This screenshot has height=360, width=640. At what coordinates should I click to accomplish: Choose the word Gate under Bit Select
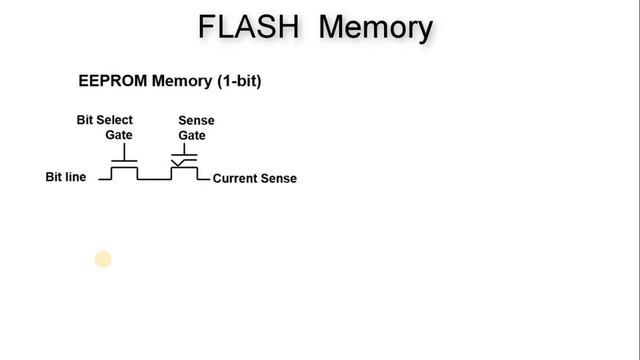(119, 135)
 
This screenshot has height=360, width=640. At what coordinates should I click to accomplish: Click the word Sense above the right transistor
(196, 121)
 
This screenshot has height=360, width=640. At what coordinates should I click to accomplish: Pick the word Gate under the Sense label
(191, 135)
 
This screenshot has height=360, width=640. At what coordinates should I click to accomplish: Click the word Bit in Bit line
(56, 178)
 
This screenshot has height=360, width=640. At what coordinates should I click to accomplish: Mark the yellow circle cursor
(102, 260)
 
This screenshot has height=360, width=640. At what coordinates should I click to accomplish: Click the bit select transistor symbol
(124, 168)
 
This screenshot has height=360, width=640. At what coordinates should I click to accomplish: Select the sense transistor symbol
(184, 166)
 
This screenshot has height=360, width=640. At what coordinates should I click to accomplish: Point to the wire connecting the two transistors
(154, 179)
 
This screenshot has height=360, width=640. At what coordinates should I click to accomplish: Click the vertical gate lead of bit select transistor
(124, 153)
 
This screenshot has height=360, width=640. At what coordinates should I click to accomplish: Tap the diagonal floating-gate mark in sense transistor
(179, 160)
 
